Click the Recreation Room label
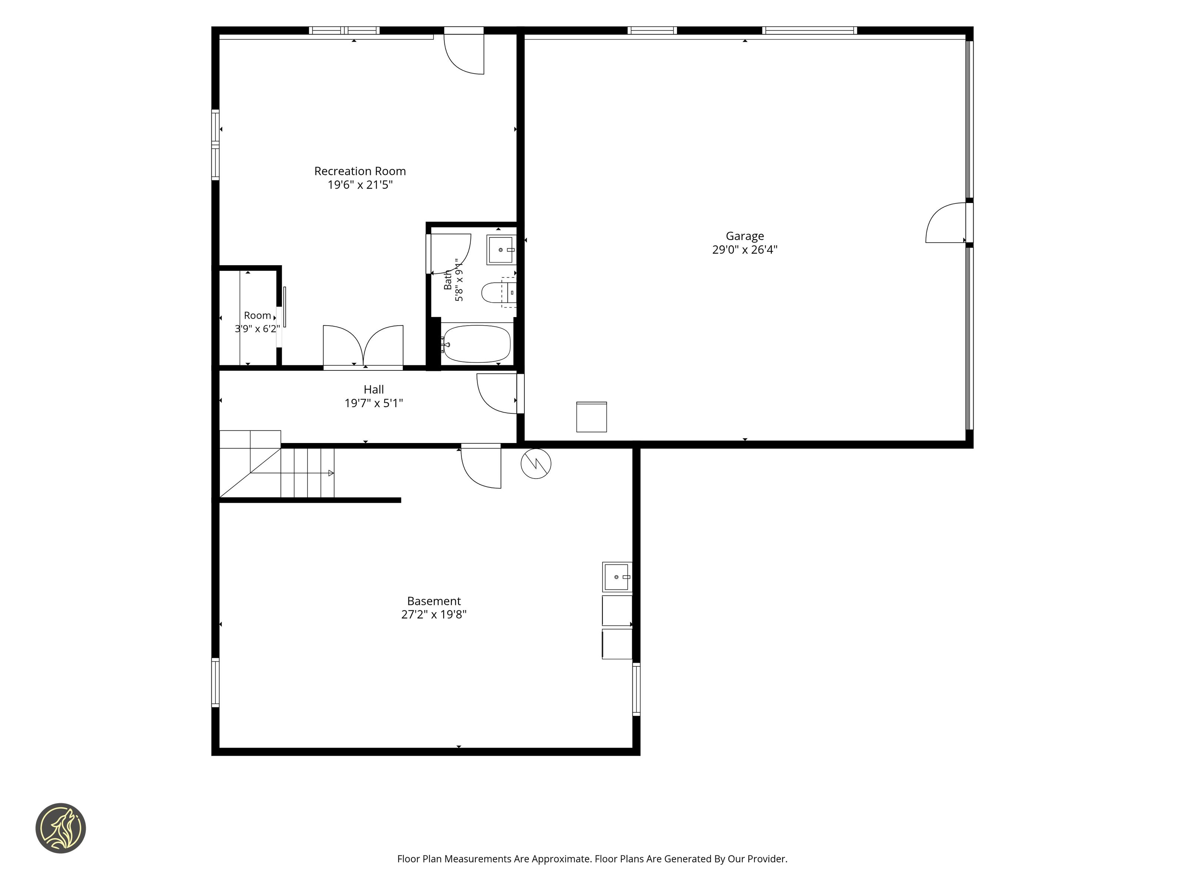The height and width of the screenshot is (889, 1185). pos(360,171)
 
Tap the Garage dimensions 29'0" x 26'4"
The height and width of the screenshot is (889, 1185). pos(745,249)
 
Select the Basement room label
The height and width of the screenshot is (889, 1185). pos(434,601)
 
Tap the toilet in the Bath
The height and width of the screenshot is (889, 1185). pos(499,293)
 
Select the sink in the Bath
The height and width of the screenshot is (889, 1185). pos(501,250)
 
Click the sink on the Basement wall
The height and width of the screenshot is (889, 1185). pos(617,577)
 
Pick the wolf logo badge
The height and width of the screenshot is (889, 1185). pos(60,828)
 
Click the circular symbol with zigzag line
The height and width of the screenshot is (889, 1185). pos(536,463)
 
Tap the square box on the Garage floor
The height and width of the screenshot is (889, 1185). pos(591,417)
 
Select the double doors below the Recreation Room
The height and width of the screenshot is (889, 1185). pos(363,347)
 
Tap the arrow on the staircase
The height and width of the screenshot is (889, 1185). pos(331,473)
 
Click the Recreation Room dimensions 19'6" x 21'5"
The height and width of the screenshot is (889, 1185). pos(360,185)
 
